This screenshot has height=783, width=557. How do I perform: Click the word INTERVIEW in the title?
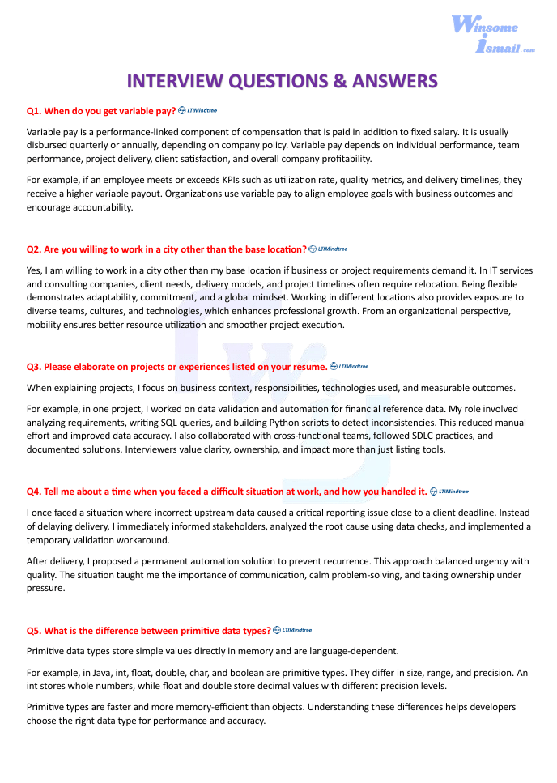pyautogui.click(x=176, y=81)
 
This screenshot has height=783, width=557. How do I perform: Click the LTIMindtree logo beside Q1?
pyautogui.click(x=198, y=110)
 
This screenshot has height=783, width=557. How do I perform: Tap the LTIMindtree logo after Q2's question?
pyautogui.click(x=328, y=249)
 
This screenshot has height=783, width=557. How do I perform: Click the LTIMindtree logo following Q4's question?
pyautogui.click(x=449, y=491)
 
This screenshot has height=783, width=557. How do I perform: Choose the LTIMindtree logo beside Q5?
pyautogui.click(x=292, y=630)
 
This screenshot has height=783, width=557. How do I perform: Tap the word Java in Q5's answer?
pyautogui.click(x=95, y=672)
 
